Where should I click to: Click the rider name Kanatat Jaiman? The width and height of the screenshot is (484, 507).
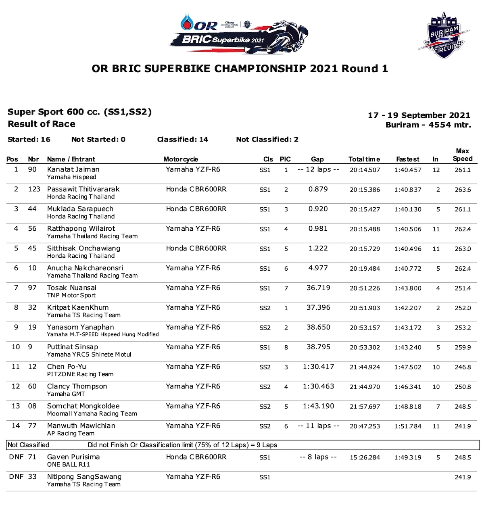(x=73, y=169)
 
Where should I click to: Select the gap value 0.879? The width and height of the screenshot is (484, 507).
(x=318, y=189)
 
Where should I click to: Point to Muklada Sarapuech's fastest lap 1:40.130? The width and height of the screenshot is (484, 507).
(x=407, y=209)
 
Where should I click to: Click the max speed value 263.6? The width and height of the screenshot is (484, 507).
(x=463, y=190)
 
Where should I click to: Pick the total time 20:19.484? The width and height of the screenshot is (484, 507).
(x=365, y=269)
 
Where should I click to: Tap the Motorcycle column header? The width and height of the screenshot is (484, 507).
(x=180, y=159)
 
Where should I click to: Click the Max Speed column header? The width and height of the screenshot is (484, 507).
(x=462, y=155)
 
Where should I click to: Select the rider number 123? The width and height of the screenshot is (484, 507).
(x=34, y=189)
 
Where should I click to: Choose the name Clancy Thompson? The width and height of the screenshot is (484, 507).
(x=77, y=386)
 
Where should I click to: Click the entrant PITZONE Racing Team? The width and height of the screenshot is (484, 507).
(x=80, y=374)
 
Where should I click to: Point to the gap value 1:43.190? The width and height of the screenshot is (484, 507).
(x=318, y=406)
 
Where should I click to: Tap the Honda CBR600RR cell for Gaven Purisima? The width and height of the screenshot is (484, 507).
(x=196, y=457)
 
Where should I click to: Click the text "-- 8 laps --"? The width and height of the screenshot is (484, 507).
(x=318, y=457)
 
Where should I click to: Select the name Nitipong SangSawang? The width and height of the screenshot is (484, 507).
(x=84, y=477)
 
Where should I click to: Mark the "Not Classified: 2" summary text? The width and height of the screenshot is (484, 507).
(x=267, y=140)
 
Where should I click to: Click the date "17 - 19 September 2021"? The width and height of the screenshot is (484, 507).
(x=419, y=115)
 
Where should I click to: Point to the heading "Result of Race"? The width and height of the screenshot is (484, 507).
(x=42, y=124)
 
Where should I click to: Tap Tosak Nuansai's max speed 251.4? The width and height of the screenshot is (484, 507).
(x=463, y=288)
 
